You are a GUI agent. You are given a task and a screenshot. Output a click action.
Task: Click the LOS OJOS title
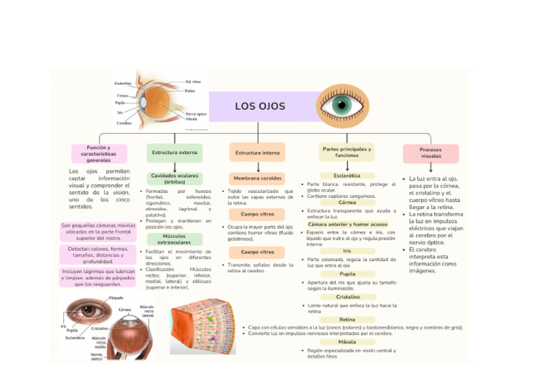click(x=260, y=107)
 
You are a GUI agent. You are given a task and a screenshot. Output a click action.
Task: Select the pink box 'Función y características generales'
click(x=98, y=154)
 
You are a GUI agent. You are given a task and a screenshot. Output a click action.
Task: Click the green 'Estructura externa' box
click(x=175, y=152)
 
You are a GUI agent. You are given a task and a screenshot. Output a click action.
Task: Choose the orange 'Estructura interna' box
click(x=257, y=152)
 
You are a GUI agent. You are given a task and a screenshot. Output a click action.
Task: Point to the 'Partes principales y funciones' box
click(x=346, y=152)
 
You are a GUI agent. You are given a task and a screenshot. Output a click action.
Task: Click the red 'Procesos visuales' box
click(x=431, y=153)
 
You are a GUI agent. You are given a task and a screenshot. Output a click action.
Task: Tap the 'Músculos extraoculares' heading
click(x=174, y=239)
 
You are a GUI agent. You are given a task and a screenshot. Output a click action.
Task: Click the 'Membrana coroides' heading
click(x=257, y=178)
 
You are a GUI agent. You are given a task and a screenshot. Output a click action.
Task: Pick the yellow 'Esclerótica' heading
click(x=347, y=176)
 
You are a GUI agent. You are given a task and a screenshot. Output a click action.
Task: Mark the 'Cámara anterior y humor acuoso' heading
click(x=347, y=224)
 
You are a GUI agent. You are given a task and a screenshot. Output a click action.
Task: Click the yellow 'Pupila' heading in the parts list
click(x=347, y=274)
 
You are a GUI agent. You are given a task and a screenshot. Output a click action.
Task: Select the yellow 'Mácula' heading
click(x=347, y=342)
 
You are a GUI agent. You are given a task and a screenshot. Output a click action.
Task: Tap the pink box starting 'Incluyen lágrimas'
click(x=98, y=277)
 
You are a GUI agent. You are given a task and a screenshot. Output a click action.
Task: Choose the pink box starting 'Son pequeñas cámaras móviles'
click(x=98, y=232)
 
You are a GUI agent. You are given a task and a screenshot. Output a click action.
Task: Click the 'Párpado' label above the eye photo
click(x=116, y=298)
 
